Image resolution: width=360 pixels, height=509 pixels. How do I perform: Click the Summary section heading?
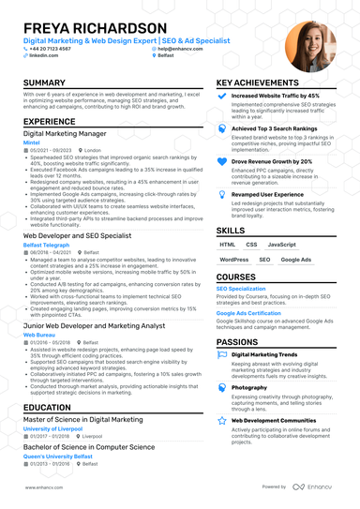[44, 83]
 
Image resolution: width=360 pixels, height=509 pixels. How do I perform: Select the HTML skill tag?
[229, 244]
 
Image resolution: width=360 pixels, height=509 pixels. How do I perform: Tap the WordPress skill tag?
[233, 260]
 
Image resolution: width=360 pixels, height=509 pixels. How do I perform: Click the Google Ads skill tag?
[296, 260]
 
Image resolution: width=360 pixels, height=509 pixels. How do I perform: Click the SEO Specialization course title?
[241, 289]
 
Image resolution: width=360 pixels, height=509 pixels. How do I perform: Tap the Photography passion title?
[249, 387]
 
